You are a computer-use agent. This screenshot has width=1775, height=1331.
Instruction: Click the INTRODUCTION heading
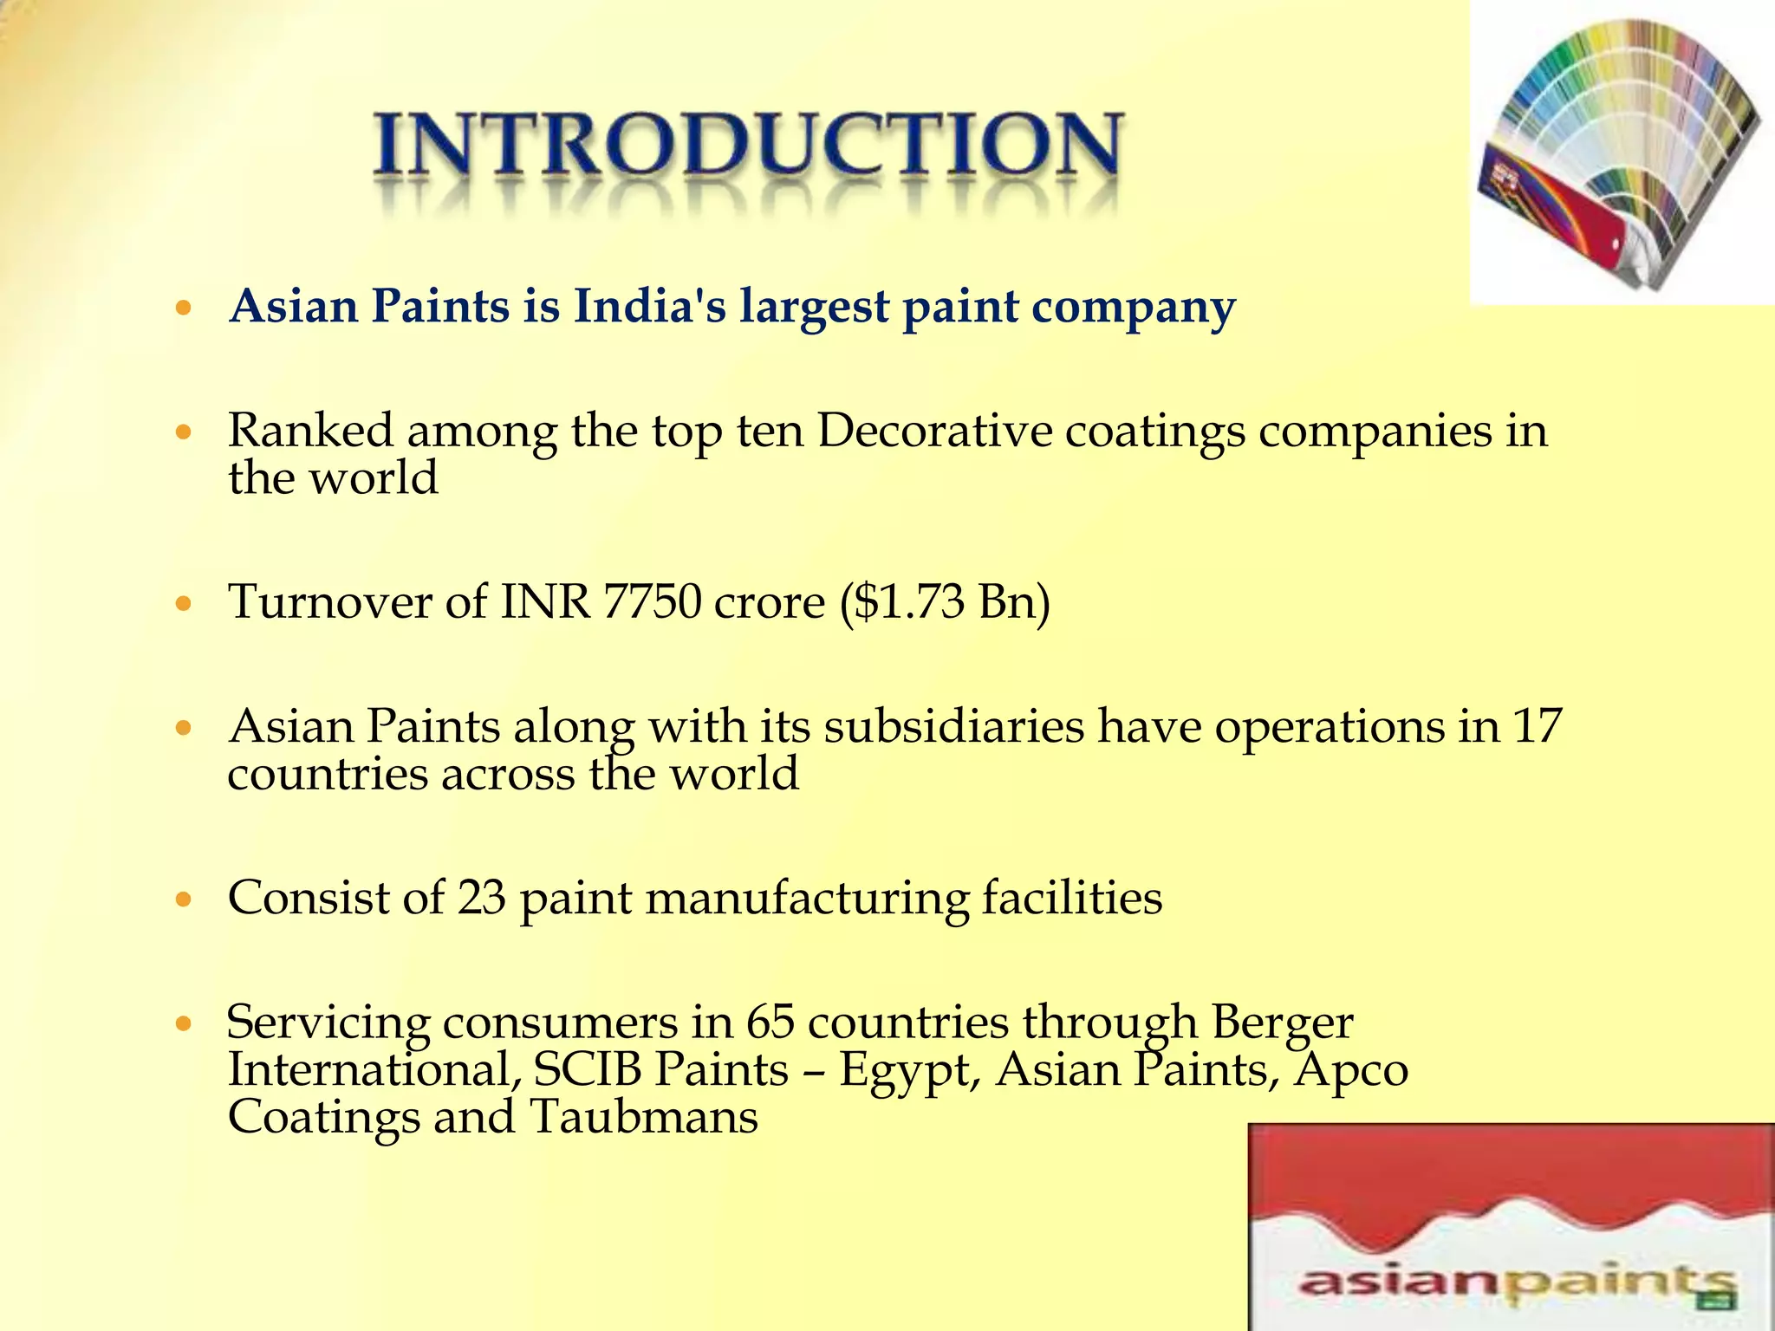point(748,147)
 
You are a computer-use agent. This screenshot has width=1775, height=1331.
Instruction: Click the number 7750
point(651,601)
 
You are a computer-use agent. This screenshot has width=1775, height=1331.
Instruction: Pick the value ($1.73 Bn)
point(945,601)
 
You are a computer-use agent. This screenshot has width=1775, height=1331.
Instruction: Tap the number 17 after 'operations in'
point(1537,725)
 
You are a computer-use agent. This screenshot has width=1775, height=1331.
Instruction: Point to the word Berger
point(1282,1023)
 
